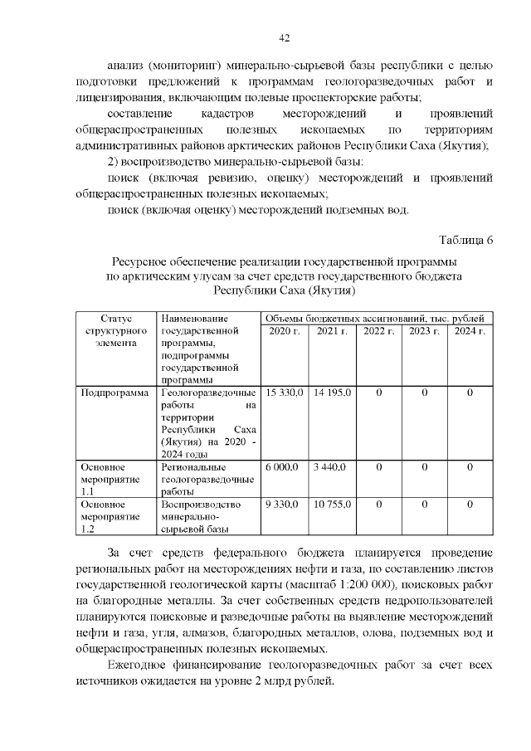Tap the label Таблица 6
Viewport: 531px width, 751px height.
(466, 241)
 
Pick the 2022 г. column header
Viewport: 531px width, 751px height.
(378, 332)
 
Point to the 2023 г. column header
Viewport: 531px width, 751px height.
(424, 332)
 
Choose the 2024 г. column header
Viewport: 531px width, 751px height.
(470, 332)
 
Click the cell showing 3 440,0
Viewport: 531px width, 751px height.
(329, 467)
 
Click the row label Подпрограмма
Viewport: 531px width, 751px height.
(114, 392)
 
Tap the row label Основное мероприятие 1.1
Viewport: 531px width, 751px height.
(104, 479)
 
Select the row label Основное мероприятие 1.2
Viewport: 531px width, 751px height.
(104, 515)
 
